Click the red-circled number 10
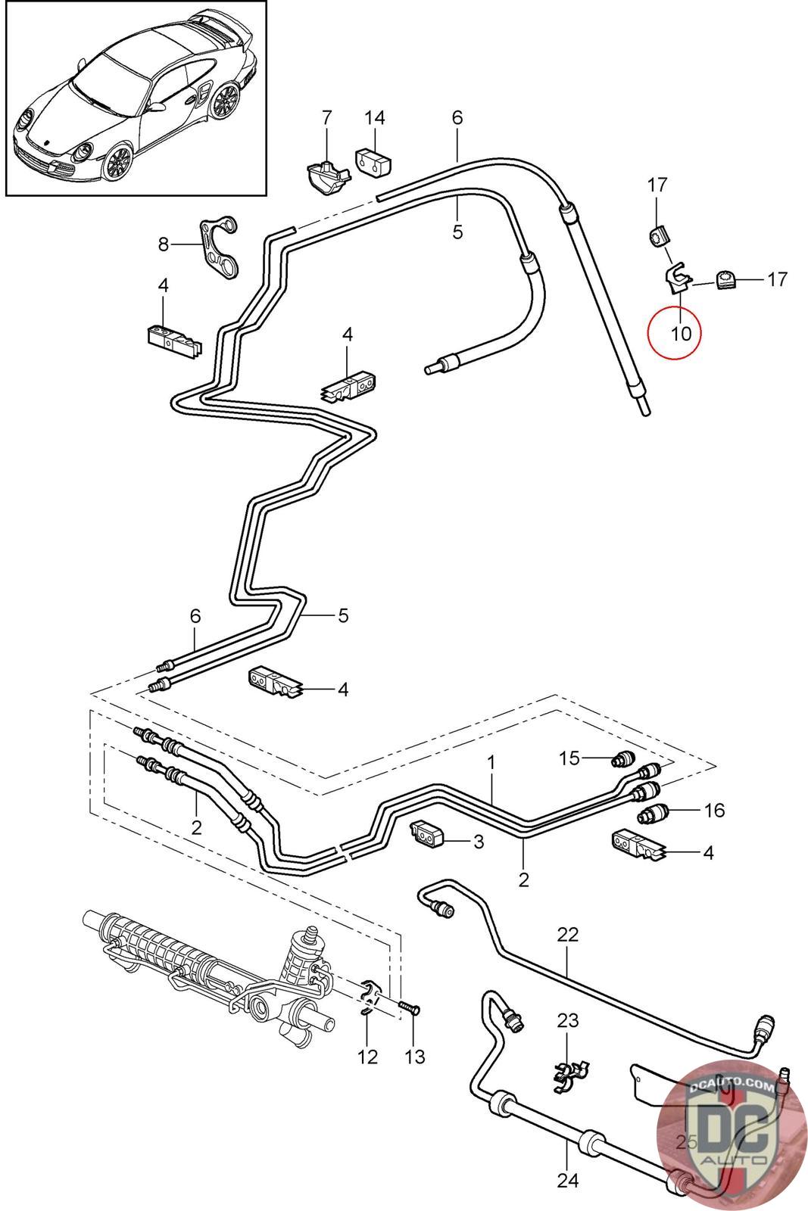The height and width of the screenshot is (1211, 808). click(681, 334)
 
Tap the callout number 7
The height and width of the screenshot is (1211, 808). click(326, 118)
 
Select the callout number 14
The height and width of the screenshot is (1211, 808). click(374, 118)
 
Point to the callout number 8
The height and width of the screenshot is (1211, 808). click(164, 245)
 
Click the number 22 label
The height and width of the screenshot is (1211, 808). click(567, 935)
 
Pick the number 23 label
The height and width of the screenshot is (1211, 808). click(568, 1021)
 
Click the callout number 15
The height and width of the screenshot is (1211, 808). click(569, 758)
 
